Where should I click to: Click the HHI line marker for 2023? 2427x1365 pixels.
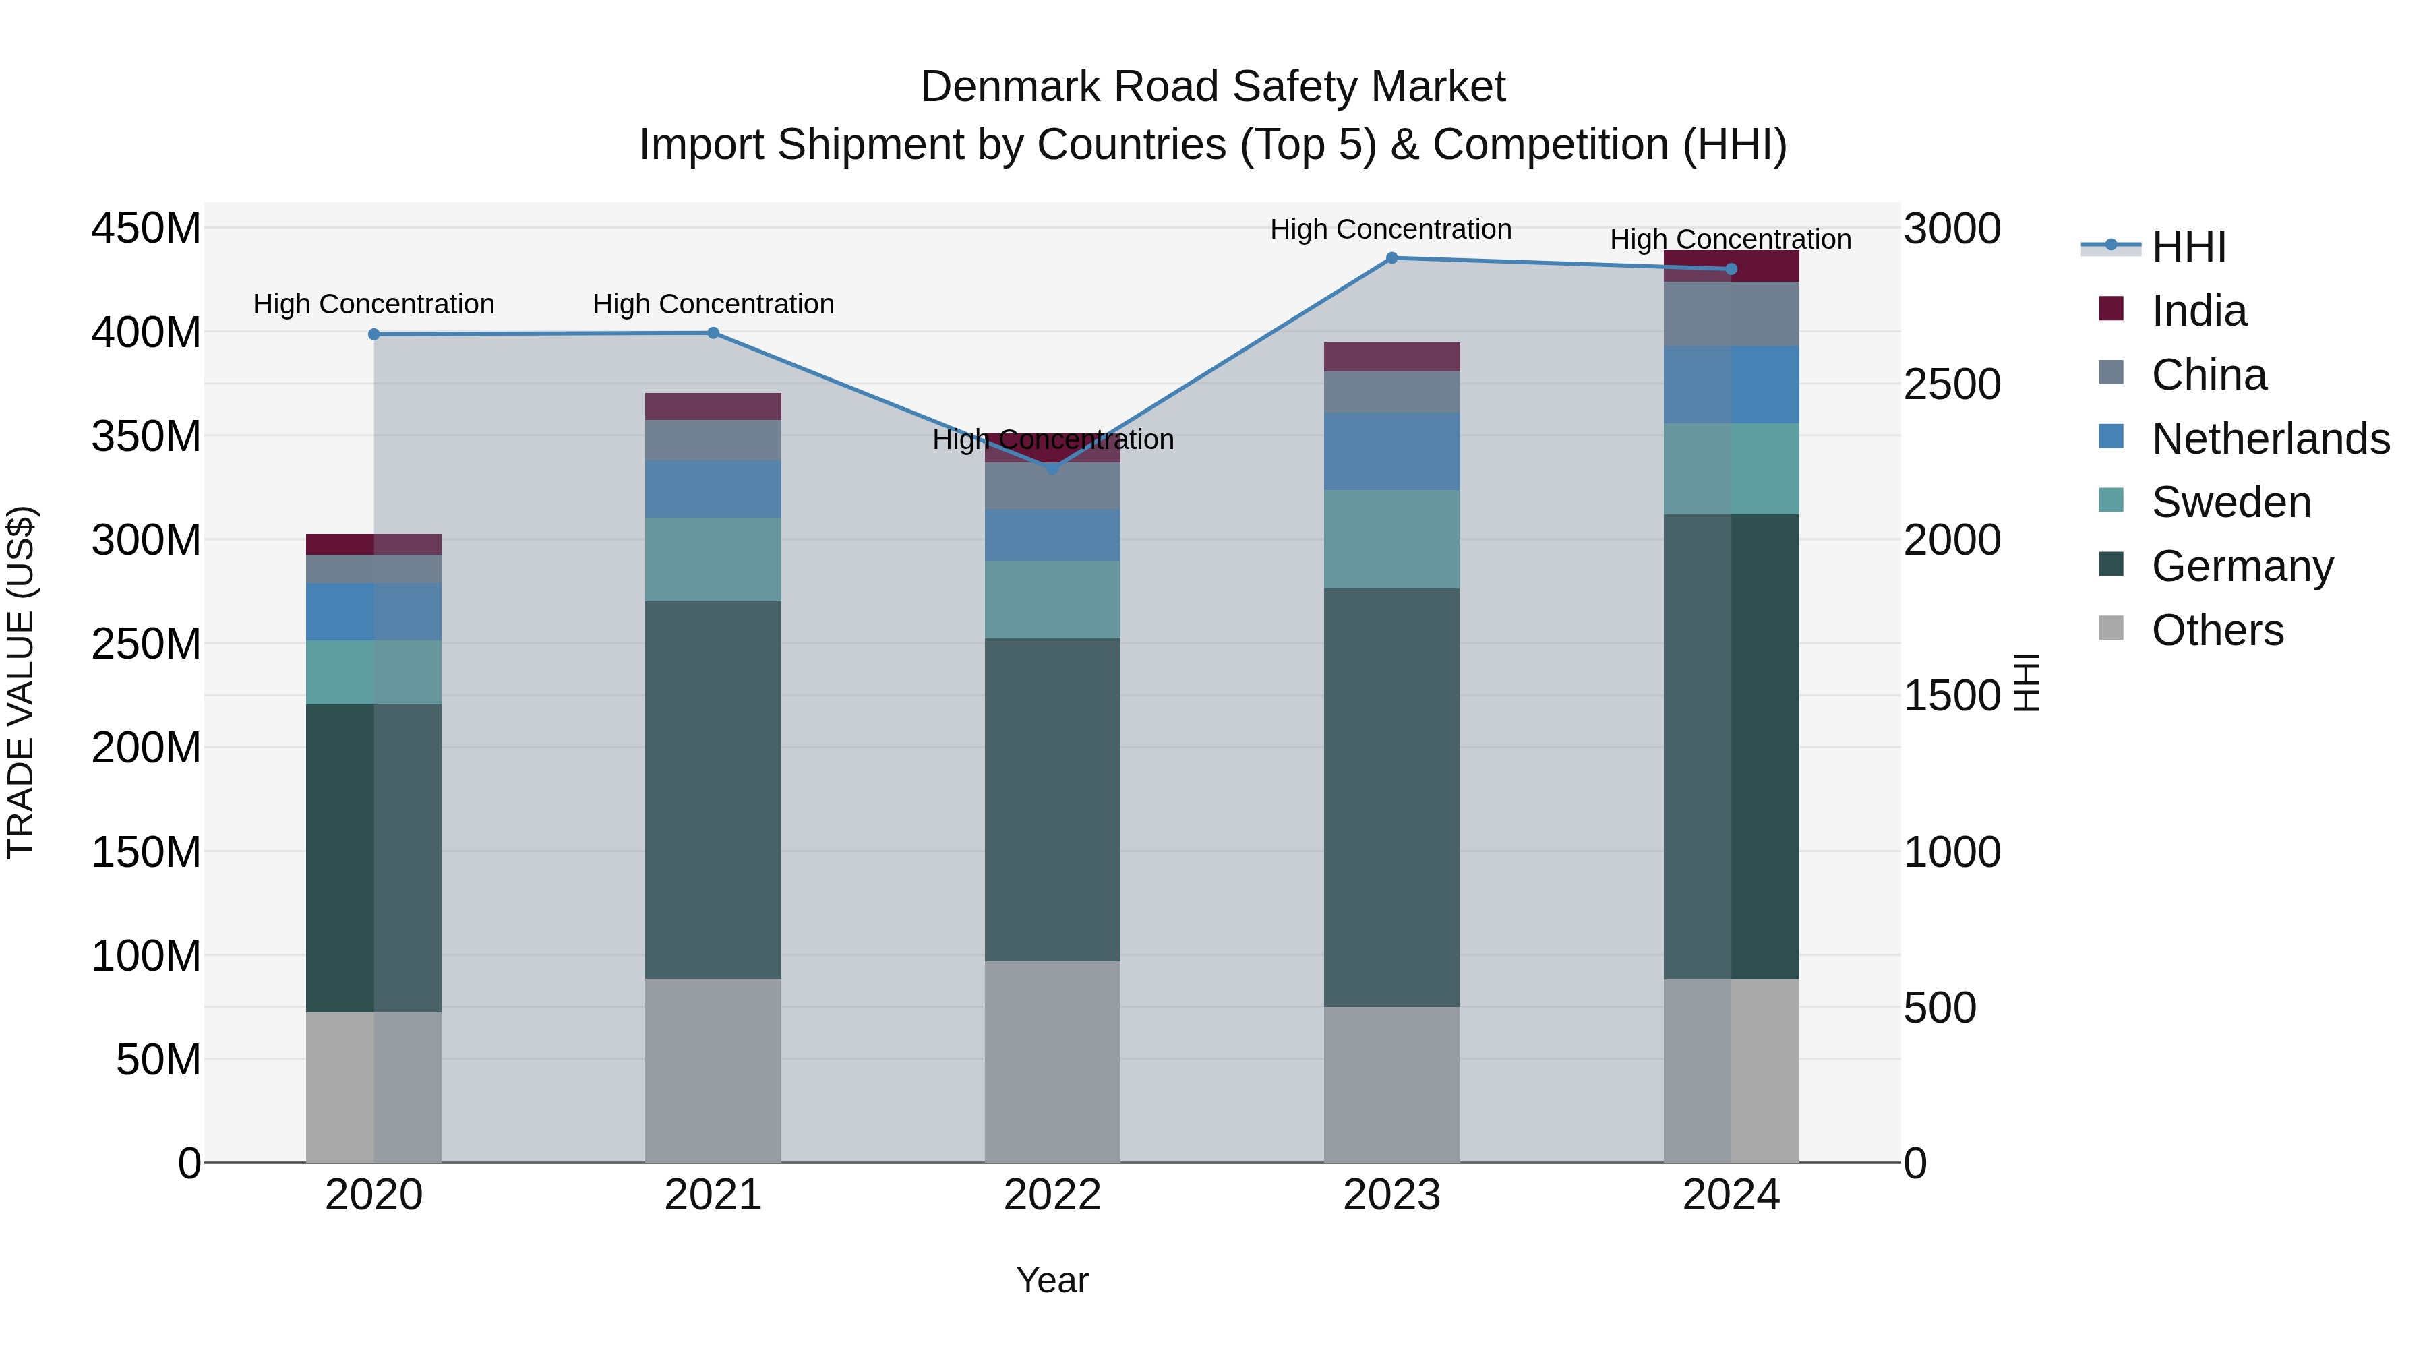pyautogui.click(x=1391, y=258)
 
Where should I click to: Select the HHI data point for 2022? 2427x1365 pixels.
pyautogui.click(x=1052, y=468)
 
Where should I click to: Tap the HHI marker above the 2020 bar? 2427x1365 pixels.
pyautogui.click(x=374, y=334)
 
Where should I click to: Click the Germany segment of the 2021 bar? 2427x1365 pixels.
pyautogui.click(x=713, y=789)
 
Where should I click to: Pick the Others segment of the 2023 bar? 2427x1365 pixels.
pyautogui.click(x=1391, y=1085)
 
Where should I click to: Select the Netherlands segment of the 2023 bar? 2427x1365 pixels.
pyautogui.click(x=1391, y=451)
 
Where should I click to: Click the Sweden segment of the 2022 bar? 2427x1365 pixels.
pyautogui.click(x=1052, y=599)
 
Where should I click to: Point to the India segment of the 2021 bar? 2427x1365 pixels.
pyautogui.click(x=713, y=406)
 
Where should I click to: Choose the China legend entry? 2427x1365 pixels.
pyautogui.click(x=2207, y=375)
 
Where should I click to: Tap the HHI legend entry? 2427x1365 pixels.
pyautogui.click(x=2188, y=247)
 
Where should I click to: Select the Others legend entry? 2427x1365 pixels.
pyautogui.click(x=2217, y=630)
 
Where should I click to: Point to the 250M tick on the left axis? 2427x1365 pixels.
pyautogui.click(x=146, y=644)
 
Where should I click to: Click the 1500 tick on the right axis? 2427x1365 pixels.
pyautogui.click(x=1951, y=696)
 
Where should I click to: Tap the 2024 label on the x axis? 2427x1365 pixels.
pyautogui.click(x=1731, y=1195)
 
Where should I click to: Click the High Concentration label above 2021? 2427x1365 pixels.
pyautogui.click(x=713, y=304)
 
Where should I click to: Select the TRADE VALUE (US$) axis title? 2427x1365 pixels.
pyautogui.click(x=21, y=682)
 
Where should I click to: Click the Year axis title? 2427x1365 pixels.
pyautogui.click(x=1052, y=1280)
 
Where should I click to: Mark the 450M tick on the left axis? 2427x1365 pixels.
pyautogui.click(x=146, y=228)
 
